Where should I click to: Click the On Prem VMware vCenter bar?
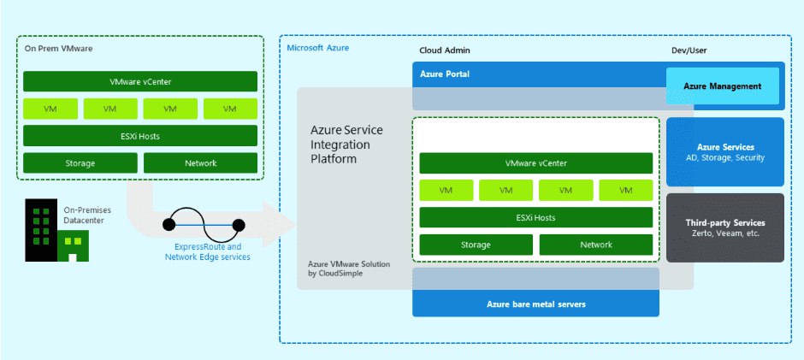coord(140,81)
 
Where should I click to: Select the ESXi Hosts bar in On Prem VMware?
coord(140,136)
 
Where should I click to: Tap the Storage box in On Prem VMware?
coord(80,163)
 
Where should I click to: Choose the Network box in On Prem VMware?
coord(200,163)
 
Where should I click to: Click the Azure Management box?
coord(723,86)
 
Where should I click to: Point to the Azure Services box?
coord(725,152)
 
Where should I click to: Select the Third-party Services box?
coord(725,227)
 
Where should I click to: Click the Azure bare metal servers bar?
coord(535,304)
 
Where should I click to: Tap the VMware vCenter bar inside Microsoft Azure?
coord(535,163)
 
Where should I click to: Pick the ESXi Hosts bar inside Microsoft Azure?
coord(535,217)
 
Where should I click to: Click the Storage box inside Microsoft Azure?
coord(476,245)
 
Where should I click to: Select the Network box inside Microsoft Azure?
coord(596,245)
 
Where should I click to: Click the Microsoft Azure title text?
coord(318,48)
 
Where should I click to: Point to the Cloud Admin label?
coord(445,50)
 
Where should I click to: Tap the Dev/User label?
coord(689,50)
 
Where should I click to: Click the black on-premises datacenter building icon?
coord(41,230)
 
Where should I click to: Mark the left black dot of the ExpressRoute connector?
coord(169,225)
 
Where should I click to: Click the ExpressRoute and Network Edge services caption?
coord(208,251)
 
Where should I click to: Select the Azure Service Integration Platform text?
coord(346,145)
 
